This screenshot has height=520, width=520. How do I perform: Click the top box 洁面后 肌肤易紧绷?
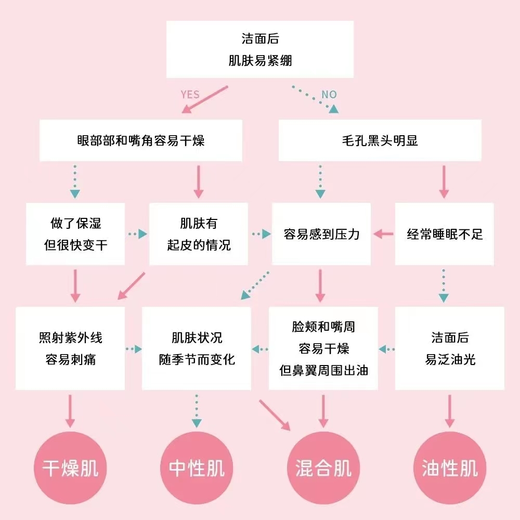coord(259,49)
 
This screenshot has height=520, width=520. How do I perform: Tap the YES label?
coord(190,94)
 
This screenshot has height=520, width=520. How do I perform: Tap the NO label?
coord(329,94)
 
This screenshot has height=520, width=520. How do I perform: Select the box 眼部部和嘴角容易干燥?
coord(141,140)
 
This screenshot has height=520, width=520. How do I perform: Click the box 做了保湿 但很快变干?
coord(75,234)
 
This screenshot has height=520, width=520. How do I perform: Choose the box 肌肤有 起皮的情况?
coord(198,234)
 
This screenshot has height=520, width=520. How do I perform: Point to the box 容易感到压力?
coord(321,234)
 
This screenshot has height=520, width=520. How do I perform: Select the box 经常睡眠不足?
coord(445,234)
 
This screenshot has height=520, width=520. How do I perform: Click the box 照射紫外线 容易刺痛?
coord(70,348)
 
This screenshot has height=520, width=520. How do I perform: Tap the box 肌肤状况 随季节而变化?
coord(197,348)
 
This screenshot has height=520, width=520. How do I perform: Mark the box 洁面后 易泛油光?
coord(450,348)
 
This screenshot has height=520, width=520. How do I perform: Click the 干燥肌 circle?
coord(70,468)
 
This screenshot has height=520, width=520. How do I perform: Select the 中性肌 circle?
coord(197,468)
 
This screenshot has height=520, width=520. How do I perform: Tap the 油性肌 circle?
coord(450,468)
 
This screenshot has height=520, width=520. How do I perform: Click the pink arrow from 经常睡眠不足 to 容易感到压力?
coord(383,234)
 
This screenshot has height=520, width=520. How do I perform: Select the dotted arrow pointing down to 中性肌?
coord(197,411)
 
